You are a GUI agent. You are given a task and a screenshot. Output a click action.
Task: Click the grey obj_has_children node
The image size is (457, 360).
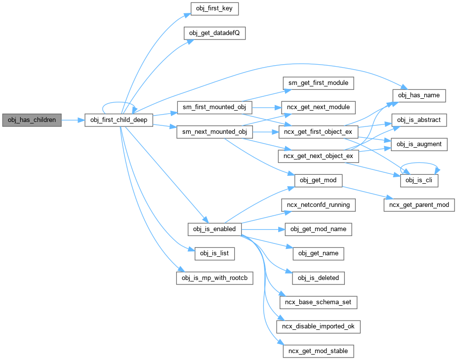[32, 120]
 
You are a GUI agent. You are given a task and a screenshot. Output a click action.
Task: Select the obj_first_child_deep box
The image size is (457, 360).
[119, 120]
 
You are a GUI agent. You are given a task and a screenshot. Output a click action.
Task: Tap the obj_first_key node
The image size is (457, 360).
[215, 9]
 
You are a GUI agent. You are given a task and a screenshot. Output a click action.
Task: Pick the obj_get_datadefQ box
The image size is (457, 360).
[215, 34]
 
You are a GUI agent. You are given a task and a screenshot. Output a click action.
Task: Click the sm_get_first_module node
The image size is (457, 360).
[318, 83]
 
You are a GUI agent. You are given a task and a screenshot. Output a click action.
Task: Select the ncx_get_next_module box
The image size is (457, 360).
[318, 107]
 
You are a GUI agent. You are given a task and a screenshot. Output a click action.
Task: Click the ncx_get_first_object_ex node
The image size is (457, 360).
[318, 132]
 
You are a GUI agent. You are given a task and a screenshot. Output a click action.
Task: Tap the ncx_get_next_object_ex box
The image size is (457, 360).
[318, 157]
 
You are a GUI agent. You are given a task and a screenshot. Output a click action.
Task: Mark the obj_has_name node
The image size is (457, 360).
[419, 95]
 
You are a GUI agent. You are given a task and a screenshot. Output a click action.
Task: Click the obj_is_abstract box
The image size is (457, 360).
[419, 120]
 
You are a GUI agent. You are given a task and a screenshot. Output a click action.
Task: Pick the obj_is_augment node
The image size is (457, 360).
[419, 144]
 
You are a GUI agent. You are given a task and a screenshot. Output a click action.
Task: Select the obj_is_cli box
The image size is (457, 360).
[419, 181]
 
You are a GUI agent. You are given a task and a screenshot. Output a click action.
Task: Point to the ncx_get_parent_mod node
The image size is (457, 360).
[419, 205]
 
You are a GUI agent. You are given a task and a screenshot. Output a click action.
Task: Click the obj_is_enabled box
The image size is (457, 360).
[215, 229]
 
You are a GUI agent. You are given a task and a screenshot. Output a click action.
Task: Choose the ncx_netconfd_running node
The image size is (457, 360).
[318, 205]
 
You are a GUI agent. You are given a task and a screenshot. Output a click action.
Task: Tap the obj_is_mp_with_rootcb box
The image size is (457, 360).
[215, 278]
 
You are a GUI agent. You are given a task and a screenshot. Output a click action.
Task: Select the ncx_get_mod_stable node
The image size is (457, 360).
[318, 351]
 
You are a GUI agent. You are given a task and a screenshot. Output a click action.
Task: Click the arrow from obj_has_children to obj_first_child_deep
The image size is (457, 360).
[73, 120]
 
